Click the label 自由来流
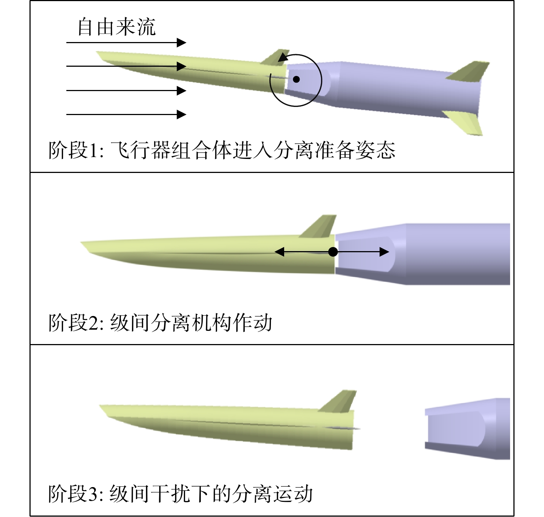click(x=116, y=27)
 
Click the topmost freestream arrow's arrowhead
click(x=182, y=43)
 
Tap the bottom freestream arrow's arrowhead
click(x=182, y=114)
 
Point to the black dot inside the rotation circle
click(x=296, y=80)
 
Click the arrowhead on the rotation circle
click(x=283, y=57)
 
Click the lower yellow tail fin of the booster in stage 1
click(x=465, y=122)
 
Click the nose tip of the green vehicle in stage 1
click(x=97, y=52)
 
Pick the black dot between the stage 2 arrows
click(x=333, y=252)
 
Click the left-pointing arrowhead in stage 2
click(x=279, y=252)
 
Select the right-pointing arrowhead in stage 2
click(x=384, y=252)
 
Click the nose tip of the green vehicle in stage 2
click(x=81, y=242)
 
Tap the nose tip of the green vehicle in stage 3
click(x=100, y=405)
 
